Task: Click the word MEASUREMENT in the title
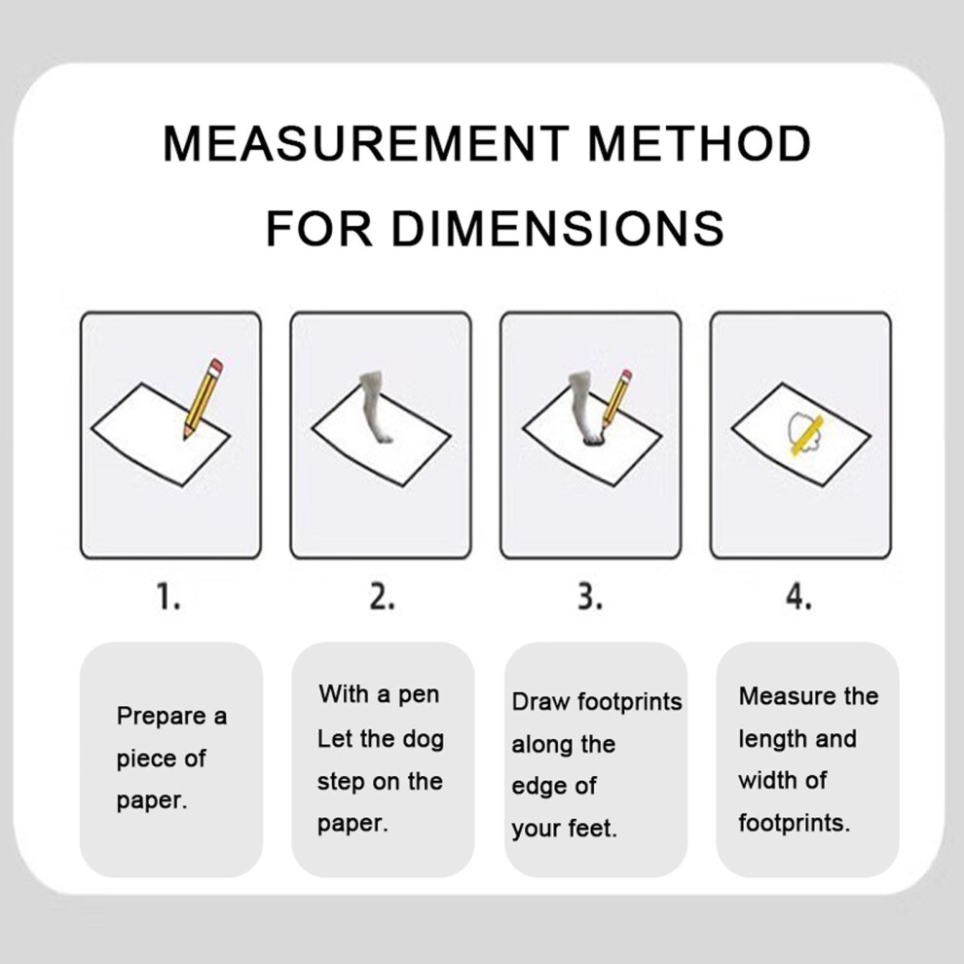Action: pos(366,143)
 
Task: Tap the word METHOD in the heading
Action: pos(700,143)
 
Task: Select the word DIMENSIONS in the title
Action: pos(558,228)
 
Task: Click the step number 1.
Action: pos(167,597)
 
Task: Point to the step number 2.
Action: pos(382,597)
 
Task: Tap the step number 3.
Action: pos(590,597)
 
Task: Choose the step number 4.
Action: pos(798,597)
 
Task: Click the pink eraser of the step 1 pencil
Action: pos(216,367)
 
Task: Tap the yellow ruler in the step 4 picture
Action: pos(807,435)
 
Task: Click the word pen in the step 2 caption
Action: pos(419,695)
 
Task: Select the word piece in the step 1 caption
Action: pos(145,760)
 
